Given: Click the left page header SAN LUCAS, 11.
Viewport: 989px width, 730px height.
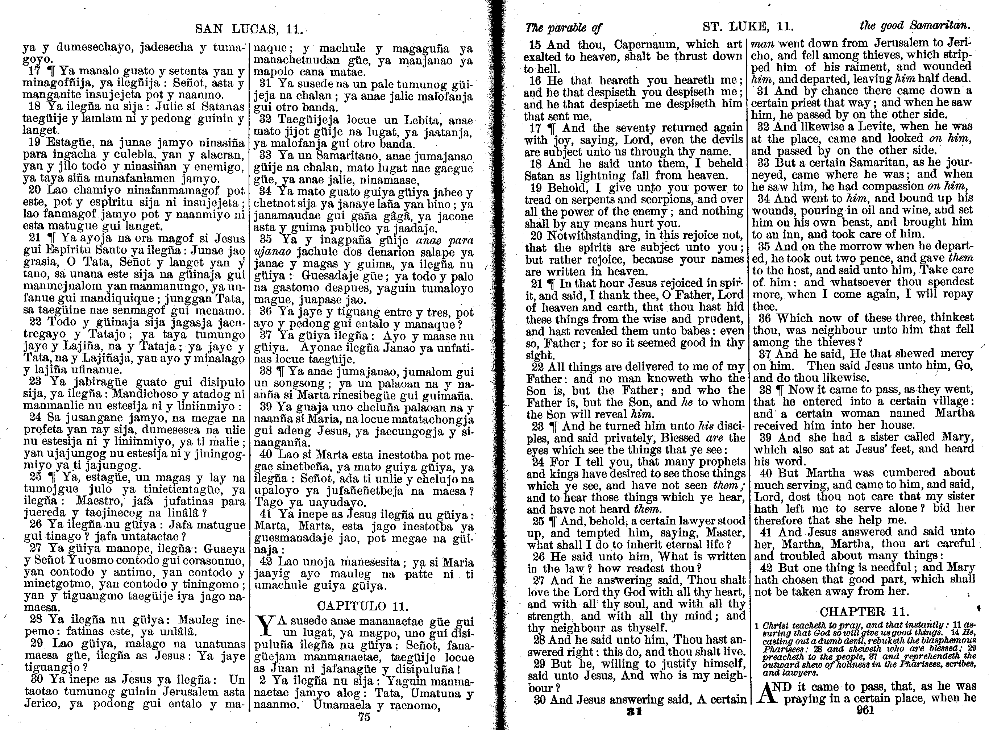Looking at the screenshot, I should (x=249, y=30).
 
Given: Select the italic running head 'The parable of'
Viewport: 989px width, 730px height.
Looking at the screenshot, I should (x=563, y=28).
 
